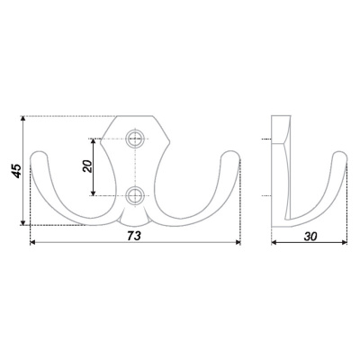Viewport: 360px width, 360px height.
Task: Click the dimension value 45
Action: point(17,171)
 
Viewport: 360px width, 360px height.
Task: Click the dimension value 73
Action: point(133,236)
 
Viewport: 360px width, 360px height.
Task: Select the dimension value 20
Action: point(87,166)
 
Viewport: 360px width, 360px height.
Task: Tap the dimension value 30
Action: point(310,237)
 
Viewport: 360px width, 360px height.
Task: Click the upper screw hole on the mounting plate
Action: point(134,139)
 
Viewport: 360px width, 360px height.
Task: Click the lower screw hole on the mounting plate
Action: point(134,195)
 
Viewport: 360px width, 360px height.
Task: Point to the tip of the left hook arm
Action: point(40,154)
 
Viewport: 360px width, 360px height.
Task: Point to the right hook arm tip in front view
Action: point(230,154)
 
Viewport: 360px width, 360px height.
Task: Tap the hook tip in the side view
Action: point(340,155)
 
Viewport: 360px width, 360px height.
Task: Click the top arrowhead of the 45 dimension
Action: point(23,119)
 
